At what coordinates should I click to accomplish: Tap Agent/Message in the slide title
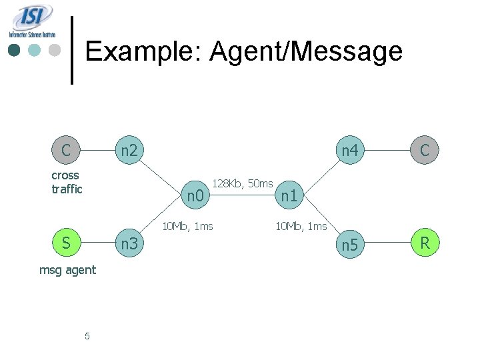[x=307, y=51]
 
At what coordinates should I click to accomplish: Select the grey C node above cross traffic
[x=66, y=150]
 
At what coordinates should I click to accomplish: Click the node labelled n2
[x=129, y=151]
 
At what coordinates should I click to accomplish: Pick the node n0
[x=195, y=196]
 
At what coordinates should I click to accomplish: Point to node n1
[x=288, y=196]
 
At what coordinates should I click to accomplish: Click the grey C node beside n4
[x=425, y=151]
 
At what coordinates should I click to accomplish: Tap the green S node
[x=66, y=243]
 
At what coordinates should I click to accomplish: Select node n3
[x=129, y=244]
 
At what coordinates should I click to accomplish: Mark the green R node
[x=425, y=243]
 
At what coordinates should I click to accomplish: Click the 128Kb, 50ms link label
[x=242, y=183]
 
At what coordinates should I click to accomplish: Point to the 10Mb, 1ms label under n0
[x=188, y=226]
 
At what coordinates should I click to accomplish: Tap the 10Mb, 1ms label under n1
[x=301, y=226]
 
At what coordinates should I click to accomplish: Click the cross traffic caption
[x=67, y=182]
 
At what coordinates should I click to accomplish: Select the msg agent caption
[x=67, y=270]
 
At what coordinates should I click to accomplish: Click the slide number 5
[x=87, y=336]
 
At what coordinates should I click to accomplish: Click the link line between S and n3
[x=97, y=244]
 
